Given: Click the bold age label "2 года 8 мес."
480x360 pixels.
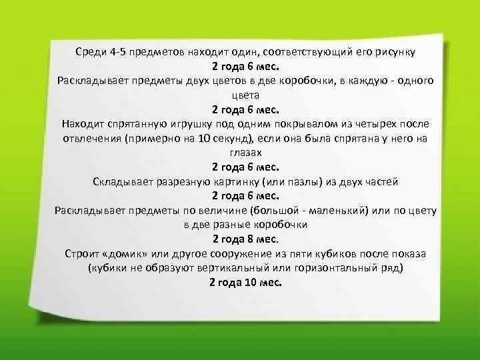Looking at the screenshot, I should click(x=245, y=239).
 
